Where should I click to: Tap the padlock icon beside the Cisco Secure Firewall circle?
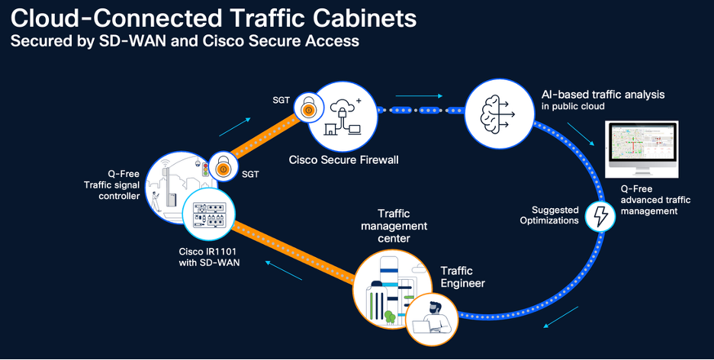(307, 110)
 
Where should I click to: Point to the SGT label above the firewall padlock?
(281, 99)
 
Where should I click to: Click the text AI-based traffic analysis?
(597, 95)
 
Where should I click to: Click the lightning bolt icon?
(600, 217)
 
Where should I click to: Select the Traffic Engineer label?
(462, 277)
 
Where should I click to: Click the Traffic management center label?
(402, 227)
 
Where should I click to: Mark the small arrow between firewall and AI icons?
(429, 96)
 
